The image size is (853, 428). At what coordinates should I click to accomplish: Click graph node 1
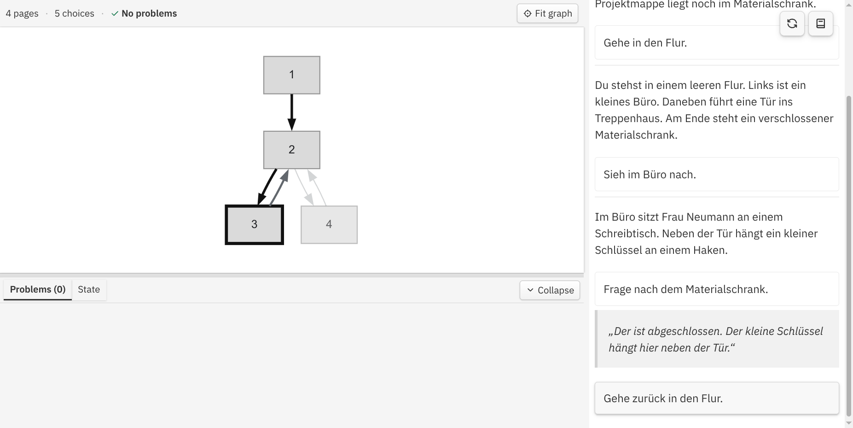coord(291,75)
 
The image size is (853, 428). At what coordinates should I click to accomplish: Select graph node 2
coord(291,150)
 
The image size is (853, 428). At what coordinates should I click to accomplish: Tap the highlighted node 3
coord(254,224)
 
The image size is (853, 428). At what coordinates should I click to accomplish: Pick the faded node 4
coord(329,224)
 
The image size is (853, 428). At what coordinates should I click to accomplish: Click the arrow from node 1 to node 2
coord(291,112)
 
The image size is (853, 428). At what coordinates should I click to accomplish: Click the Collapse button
coord(550,290)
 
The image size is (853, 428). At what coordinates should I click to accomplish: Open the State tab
coord(89,289)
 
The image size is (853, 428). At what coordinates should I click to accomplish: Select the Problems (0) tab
coord(38,289)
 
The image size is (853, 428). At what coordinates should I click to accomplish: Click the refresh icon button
coord(792,23)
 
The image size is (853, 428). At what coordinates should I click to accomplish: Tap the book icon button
coord(820,23)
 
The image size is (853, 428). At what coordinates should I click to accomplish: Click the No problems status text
coord(149,13)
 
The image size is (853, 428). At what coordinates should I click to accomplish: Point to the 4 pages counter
coord(22,13)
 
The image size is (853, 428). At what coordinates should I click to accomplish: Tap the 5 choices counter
coord(75,13)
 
